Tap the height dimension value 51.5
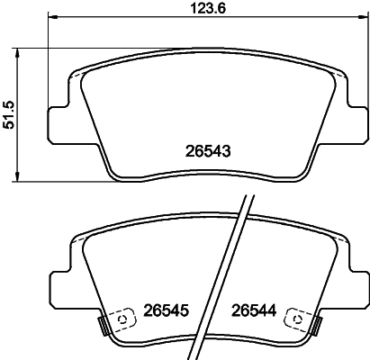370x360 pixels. coord(11,115)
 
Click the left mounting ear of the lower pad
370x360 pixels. coord(56,285)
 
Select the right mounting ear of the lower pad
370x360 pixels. coord(353,285)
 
